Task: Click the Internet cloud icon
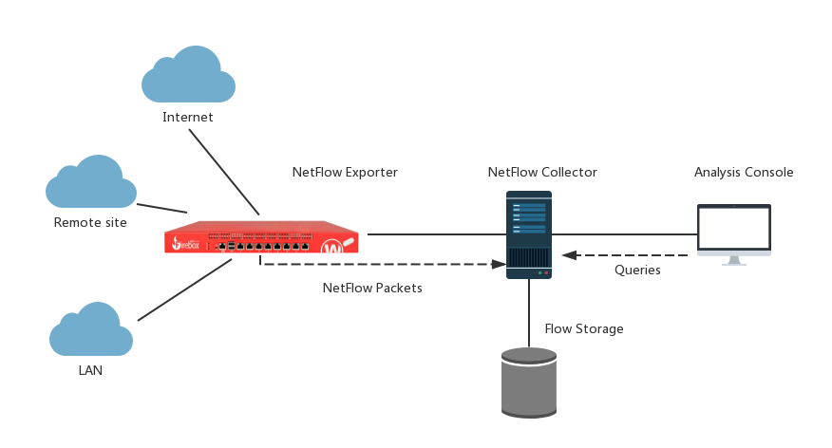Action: tap(188, 76)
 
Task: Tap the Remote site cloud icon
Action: tap(91, 183)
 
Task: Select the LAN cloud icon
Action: tap(91, 330)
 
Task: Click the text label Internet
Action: tap(188, 118)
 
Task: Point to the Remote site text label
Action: tap(90, 223)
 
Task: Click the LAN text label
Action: tap(90, 371)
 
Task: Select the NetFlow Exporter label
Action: tap(345, 173)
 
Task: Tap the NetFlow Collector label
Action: tap(542, 173)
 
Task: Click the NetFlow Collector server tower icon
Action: tap(529, 234)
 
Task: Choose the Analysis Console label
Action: tap(744, 173)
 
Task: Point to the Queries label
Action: tap(638, 271)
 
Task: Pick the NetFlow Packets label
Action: tap(372, 288)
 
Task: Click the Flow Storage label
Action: tap(584, 329)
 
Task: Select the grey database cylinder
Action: tap(529, 382)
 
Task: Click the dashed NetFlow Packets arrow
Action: tap(380, 265)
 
